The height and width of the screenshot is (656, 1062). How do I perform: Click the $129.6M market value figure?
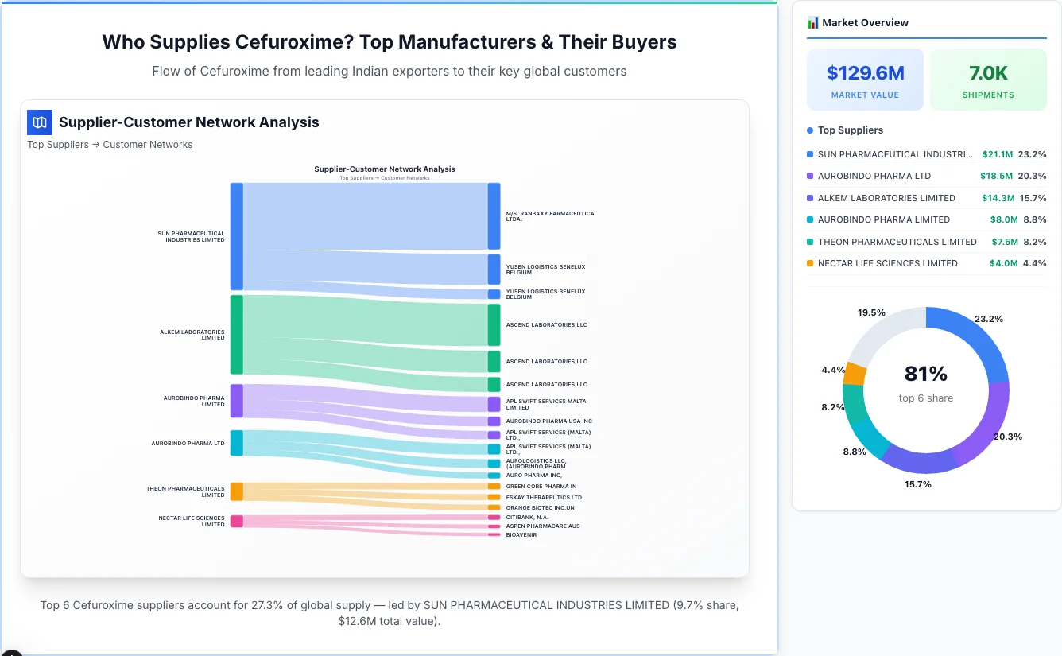(865, 73)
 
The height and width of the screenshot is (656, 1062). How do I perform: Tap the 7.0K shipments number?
(988, 73)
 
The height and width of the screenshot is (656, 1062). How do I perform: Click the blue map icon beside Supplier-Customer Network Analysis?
(40, 122)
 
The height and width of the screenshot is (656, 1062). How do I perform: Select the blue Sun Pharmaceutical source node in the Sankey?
(236, 236)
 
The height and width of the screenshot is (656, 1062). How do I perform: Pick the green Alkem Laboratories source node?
(236, 334)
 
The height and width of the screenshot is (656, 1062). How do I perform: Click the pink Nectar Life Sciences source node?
(236, 521)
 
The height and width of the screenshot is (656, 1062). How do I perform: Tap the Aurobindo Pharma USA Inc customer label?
(548, 421)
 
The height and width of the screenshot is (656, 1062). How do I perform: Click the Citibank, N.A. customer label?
(527, 517)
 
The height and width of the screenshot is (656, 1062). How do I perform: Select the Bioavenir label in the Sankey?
(521, 534)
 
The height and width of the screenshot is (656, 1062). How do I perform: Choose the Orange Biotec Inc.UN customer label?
(540, 507)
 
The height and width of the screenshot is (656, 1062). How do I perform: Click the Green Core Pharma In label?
(541, 486)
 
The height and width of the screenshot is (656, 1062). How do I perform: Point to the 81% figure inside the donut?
(925, 374)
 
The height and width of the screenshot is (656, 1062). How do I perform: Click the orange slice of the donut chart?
(855, 374)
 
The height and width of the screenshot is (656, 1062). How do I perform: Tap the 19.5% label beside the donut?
(871, 312)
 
